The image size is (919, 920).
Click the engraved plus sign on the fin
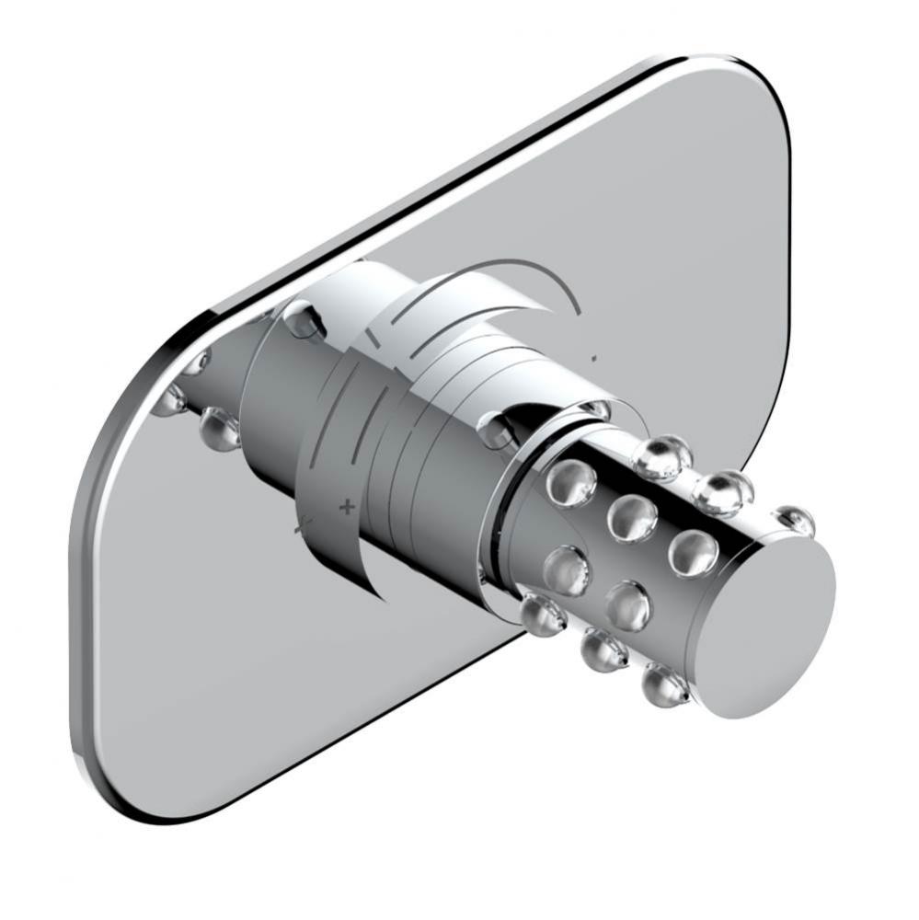347,505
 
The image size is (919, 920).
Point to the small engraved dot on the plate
596,357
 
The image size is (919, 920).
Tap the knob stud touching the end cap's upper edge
794,522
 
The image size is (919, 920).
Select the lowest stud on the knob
665,684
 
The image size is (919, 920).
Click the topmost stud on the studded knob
661,457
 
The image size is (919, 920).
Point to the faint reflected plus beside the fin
299,529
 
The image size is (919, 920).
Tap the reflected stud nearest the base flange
219,428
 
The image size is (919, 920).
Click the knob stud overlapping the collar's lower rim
542,615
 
